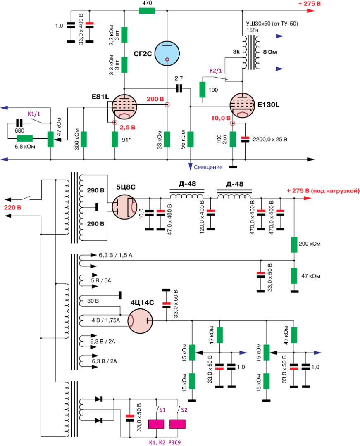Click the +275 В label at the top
[x=309, y=3]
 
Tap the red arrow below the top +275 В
[x=311, y=11]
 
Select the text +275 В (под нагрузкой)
[x=323, y=191]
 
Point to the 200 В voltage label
[x=155, y=99]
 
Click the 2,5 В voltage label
[x=127, y=128]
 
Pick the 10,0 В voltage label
[x=221, y=118]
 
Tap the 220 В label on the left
[x=12, y=207]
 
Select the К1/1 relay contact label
[x=34, y=114]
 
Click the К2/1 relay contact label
[x=216, y=71]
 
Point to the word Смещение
[x=208, y=167]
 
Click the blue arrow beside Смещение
[x=190, y=166]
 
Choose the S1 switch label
[x=162, y=410]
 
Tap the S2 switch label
[x=184, y=410]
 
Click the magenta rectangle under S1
[x=156, y=424]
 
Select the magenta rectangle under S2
[x=177, y=424]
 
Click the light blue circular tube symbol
[x=167, y=53]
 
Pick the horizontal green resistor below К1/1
[x=25, y=139]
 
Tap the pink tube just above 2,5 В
[x=124, y=107]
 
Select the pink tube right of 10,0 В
[x=242, y=105]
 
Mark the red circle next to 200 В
[x=167, y=104]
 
